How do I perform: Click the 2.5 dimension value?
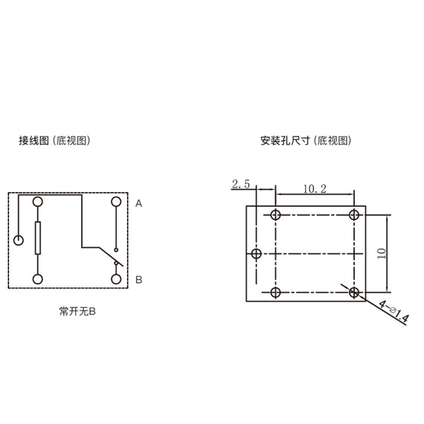241,184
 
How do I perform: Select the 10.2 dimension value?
314,189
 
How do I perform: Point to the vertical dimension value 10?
382,254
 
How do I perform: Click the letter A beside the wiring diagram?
139,204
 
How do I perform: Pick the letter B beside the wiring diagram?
139,280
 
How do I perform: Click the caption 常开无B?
77,312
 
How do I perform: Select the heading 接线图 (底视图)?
55,140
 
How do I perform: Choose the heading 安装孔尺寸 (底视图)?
306,140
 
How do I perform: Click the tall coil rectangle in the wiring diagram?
38,238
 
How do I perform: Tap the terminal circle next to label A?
116,202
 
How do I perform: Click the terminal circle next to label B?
116,279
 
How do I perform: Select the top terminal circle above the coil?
38,202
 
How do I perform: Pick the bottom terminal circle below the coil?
38,279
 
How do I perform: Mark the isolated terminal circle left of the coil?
19,240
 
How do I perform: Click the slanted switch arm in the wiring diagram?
111,257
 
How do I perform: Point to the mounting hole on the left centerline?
256,254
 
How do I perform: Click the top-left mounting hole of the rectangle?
276,215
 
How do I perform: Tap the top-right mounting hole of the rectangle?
354,215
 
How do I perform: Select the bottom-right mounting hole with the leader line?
354,293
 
